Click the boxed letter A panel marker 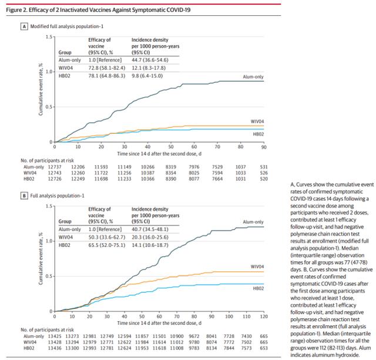(24, 26)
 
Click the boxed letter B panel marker (24, 196)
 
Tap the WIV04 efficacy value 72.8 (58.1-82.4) (107, 68)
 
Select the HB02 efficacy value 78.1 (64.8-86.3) (107, 76)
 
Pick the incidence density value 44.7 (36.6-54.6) (150, 60)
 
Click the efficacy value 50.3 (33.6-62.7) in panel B (107, 237)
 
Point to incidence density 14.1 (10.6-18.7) (150, 245)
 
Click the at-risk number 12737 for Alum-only (55, 167)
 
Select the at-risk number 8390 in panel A (171, 179)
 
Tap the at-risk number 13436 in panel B (55, 348)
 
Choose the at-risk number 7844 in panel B (229, 348)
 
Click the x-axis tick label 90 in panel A (264, 147)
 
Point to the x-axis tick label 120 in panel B (264, 317)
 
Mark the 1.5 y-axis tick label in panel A (49, 37)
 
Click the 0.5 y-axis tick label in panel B (49, 277)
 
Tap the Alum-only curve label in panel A (253, 77)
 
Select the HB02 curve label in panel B (258, 288)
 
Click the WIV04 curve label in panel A (257, 122)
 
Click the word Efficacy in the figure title (38, 10)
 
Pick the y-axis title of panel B (41, 258)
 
